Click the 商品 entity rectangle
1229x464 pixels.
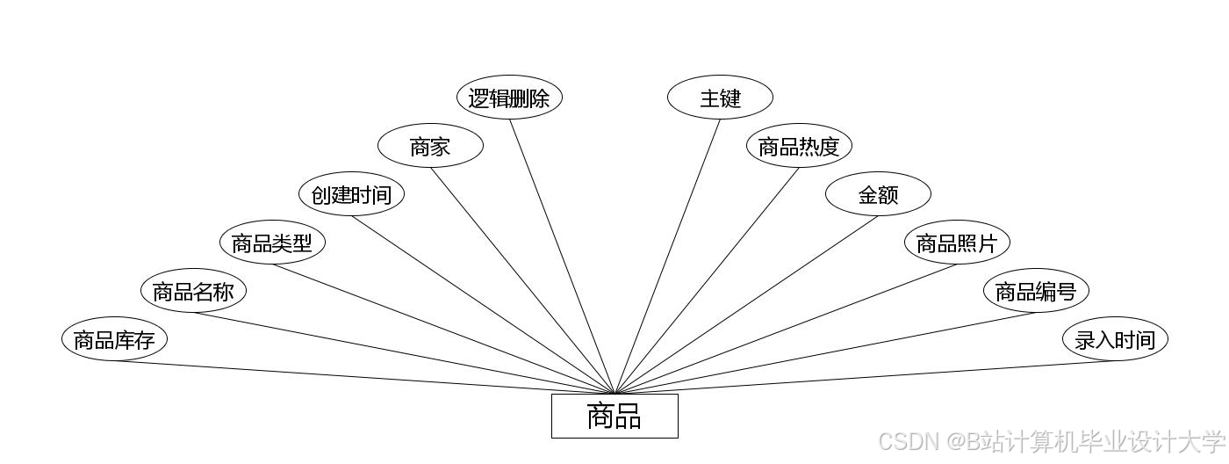[x=614, y=416]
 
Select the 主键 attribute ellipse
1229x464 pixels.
[x=720, y=98]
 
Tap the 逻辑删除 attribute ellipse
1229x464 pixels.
[x=509, y=98]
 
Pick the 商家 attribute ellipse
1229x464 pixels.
[x=430, y=146]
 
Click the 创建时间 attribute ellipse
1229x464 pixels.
[x=351, y=194]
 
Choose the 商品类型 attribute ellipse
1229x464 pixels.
[x=272, y=243]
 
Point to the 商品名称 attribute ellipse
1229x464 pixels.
[x=193, y=291]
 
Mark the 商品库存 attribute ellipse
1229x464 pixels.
[x=114, y=339]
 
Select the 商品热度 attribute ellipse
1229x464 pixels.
[x=799, y=146]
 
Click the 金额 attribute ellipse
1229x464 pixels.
[x=878, y=194]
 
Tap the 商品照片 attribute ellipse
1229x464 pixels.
[x=957, y=243]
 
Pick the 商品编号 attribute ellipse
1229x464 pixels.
[x=1036, y=291]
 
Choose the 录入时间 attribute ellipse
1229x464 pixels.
[x=1115, y=339]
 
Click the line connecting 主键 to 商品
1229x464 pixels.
[x=667, y=257]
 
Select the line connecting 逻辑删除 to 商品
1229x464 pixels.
[x=562, y=257]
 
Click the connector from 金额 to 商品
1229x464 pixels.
[x=746, y=305]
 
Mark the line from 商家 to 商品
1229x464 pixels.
[x=522, y=280]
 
